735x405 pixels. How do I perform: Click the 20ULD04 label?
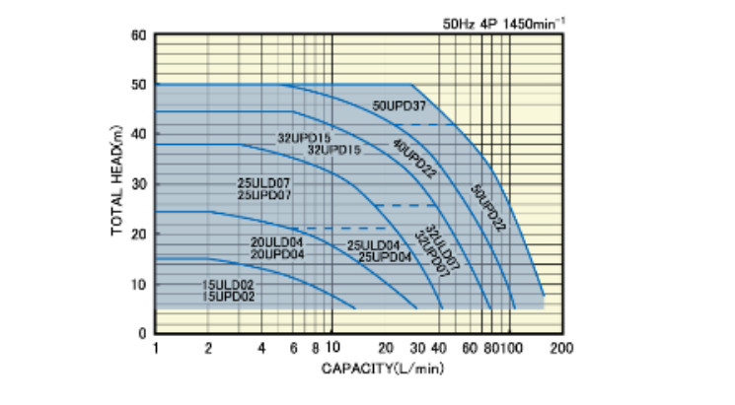(x=276, y=243)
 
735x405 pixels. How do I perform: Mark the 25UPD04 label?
(x=385, y=256)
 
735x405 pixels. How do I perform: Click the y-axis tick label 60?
(x=138, y=35)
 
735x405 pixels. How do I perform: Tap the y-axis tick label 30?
(x=138, y=184)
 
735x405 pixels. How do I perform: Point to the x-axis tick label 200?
(x=561, y=348)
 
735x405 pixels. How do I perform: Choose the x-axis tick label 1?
(x=156, y=348)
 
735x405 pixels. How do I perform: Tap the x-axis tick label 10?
(x=331, y=348)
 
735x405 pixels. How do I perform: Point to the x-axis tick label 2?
(x=208, y=348)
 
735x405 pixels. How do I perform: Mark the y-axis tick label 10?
(x=138, y=284)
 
